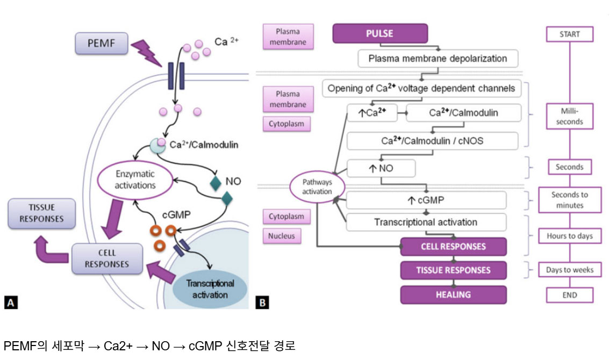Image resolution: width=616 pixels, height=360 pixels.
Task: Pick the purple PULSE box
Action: [379, 33]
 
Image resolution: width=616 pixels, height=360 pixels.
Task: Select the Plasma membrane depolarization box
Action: [439, 58]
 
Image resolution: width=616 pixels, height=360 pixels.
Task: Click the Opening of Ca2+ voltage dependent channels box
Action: [420, 88]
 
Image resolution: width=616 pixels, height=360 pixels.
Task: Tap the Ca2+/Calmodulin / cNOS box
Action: [433, 141]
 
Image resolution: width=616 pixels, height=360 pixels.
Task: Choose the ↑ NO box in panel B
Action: [381, 168]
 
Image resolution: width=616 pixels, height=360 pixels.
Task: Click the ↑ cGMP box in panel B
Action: [426, 200]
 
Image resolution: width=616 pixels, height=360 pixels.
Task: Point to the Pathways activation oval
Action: [317, 188]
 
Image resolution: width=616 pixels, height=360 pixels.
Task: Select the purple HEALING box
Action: [453, 294]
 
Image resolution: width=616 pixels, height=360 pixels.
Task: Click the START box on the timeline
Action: [570, 34]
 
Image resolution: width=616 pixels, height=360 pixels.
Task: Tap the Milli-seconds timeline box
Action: [570, 116]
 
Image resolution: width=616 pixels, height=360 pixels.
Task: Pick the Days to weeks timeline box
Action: [570, 270]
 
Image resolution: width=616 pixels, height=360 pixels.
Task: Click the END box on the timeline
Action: [570, 295]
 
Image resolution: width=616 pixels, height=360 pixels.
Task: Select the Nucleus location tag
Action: [281, 236]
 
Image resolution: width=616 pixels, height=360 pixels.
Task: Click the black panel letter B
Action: [262, 303]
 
